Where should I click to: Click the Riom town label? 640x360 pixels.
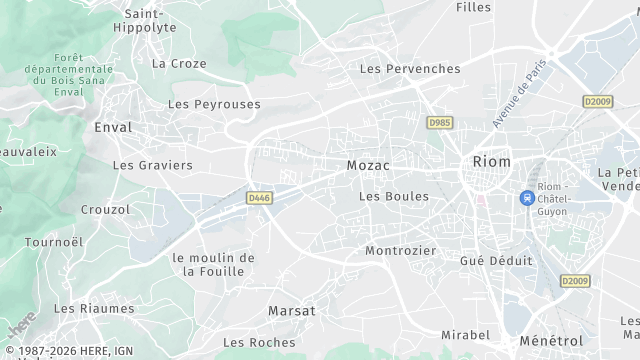[x=491, y=162]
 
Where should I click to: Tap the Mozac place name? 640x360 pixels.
[x=368, y=164]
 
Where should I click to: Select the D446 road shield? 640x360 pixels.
[x=260, y=198]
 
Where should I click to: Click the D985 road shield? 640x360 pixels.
[x=439, y=123]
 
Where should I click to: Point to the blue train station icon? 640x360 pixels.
[x=526, y=198]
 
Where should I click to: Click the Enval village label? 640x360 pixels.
[x=112, y=128]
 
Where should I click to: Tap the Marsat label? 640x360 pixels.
[x=291, y=311]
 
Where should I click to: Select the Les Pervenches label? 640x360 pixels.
[x=410, y=69]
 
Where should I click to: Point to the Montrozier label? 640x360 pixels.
[x=401, y=251]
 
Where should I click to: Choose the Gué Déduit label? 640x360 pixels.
[x=496, y=260]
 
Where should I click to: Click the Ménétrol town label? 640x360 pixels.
[x=551, y=342]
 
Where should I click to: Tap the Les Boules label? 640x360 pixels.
[x=393, y=197]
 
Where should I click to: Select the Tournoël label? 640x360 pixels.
[x=53, y=242]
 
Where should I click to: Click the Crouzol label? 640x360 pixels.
[x=105, y=210]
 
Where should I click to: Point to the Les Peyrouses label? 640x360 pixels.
[x=214, y=104]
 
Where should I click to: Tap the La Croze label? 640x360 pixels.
[x=179, y=63]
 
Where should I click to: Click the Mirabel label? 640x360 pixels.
[x=466, y=336]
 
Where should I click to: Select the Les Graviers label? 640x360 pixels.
[x=152, y=165]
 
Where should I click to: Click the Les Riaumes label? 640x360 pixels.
[x=94, y=309]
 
